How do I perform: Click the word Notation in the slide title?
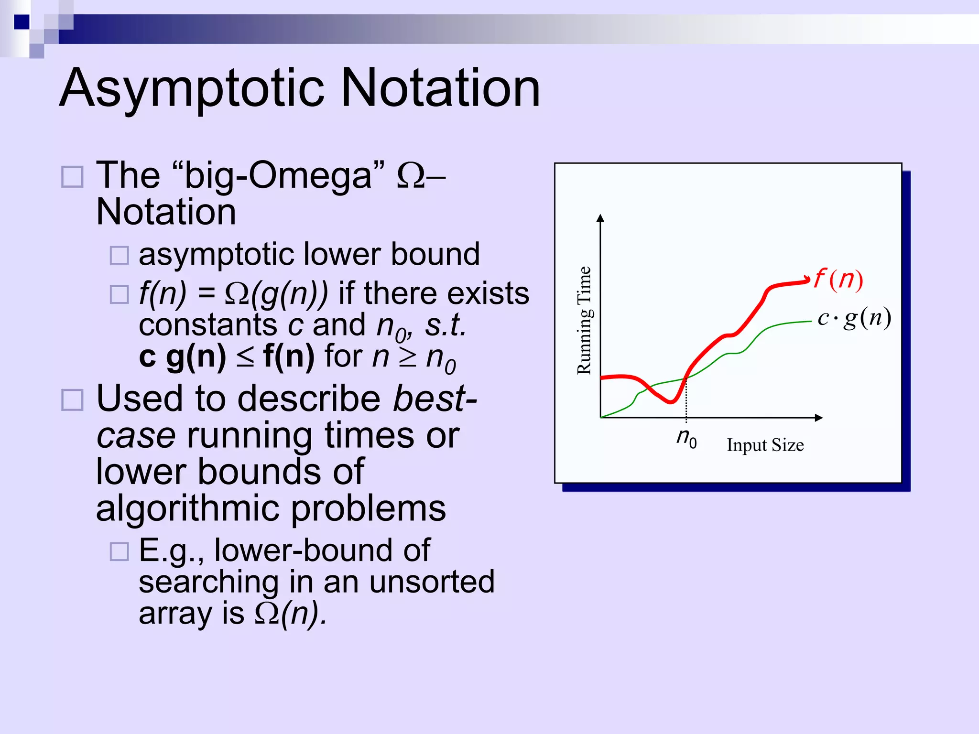[x=441, y=88]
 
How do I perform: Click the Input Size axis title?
[x=765, y=445]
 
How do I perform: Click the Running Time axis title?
[x=584, y=320]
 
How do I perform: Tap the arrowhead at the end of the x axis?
[x=818, y=418]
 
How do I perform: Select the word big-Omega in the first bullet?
[x=277, y=175]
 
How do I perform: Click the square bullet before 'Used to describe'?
[x=73, y=399]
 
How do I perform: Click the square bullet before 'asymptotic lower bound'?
[x=119, y=255]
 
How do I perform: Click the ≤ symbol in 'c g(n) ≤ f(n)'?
[x=245, y=357]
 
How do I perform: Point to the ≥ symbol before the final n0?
[x=408, y=357]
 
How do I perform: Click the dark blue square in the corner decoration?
[x=22, y=22]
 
